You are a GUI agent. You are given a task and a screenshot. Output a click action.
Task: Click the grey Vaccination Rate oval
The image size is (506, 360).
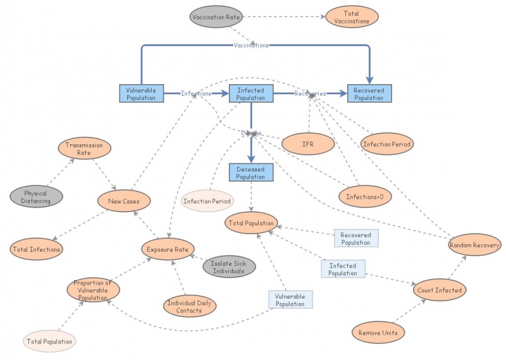(x=216, y=17)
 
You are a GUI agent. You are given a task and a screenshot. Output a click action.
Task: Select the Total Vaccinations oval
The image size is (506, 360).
(x=352, y=17)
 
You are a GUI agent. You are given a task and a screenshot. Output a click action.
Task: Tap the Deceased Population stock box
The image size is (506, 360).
(x=251, y=173)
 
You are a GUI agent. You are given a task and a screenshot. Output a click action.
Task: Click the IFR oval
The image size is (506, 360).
(x=307, y=144)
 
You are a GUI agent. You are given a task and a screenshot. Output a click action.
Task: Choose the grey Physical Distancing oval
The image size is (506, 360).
(x=36, y=197)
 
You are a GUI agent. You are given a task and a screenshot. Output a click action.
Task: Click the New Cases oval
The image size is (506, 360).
(x=124, y=201)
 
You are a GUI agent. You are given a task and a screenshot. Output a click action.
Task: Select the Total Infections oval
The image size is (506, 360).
(x=36, y=249)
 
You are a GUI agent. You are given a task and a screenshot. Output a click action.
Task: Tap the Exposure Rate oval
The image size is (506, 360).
(x=167, y=249)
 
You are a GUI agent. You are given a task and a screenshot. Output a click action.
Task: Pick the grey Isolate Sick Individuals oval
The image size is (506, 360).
(x=228, y=267)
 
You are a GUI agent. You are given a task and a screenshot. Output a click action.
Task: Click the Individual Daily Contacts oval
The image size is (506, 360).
(x=190, y=306)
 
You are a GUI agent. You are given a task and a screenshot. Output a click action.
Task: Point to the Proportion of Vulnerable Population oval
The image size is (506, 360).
(x=92, y=290)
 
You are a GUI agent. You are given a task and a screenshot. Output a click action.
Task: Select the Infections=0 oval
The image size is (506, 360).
(x=365, y=197)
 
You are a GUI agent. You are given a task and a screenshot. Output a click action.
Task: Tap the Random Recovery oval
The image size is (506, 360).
(x=474, y=245)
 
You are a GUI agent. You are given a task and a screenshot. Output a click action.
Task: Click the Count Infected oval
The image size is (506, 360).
(x=440, y=290)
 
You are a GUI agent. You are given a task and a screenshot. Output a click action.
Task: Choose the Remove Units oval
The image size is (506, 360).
(x=378, y=332)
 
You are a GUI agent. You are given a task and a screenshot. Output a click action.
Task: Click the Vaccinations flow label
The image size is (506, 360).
(x=251, y=45)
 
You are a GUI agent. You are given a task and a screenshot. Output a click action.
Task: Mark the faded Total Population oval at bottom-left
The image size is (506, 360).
(x=50, y=342)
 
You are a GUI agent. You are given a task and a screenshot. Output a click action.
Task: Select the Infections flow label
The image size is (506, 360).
(x=196, y=94)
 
